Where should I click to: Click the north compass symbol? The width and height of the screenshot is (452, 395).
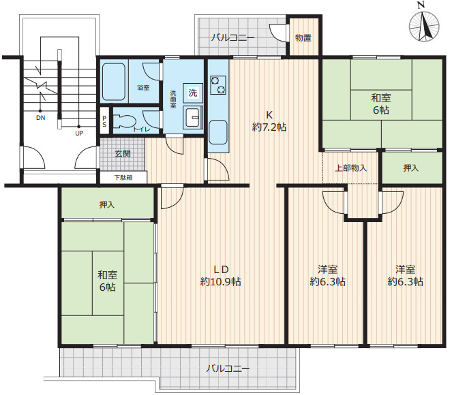pyautogui.click(x=424, y=26)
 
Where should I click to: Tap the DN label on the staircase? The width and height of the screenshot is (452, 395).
pyautogui.click(x=41, y=118)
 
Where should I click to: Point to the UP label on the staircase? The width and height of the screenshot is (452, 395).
pyautogui.click(x=79, y=133)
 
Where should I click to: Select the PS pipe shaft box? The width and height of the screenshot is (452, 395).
pyautogui.click(x=104, y=121)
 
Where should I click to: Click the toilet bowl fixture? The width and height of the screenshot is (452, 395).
pyautogui.click(x=125, y=122)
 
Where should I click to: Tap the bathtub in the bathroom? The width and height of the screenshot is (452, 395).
pyautogui.click(x=114, y=82)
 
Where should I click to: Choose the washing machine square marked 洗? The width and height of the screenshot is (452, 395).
pyautogui.click(x=193, y=93)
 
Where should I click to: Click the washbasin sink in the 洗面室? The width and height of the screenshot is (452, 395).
pyautogui.click(x=193, y=117)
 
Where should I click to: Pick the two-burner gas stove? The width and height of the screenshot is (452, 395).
pyautogui.click(x=218, y=85)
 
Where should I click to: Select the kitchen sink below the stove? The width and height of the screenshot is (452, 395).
pyautogui.click(x=218, y=132)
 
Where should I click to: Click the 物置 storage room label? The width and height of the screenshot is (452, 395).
pyautogui.click(x=303, y=37)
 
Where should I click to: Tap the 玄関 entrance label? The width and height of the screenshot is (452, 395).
pyautogui.click(x=123, y=153)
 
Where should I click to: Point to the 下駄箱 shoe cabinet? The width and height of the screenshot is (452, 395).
pyautogui.click(x=123, y=177)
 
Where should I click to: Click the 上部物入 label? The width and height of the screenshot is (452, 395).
pyautogui.click(x=350, y=168)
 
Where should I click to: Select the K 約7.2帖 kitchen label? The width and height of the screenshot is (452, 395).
pyautogui.click(x=269, y=121)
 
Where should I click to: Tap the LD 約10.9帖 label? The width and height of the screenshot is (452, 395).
pyautogui.click(x=221, y=276)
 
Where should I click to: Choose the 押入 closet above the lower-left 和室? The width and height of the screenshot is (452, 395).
pyautogui.click(x=107, y=204)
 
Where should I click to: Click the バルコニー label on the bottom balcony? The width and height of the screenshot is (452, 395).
pyautogui.click(x=228, y=368)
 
